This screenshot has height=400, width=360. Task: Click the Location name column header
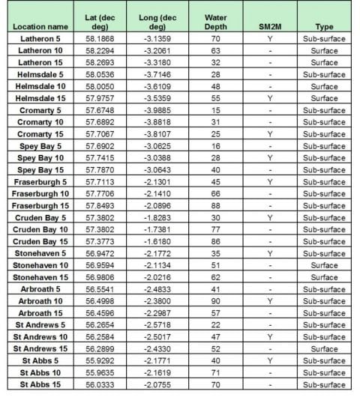(41, 27)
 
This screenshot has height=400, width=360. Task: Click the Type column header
(322, 27)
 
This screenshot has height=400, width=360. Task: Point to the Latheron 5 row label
(40, 39)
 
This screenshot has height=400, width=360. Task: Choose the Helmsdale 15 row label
(40, 98)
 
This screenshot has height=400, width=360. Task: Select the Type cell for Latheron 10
(322, 51)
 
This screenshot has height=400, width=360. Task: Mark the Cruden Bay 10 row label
(40, 229)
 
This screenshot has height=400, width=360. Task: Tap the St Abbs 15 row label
(40, 384)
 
